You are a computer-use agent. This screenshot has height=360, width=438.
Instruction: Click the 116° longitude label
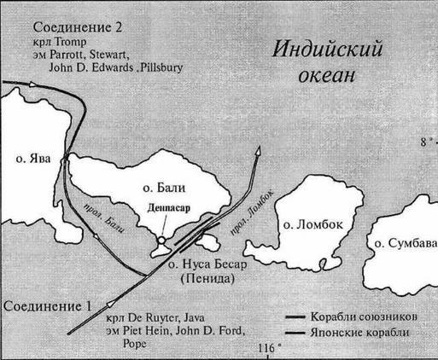(x=266, y=349)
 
